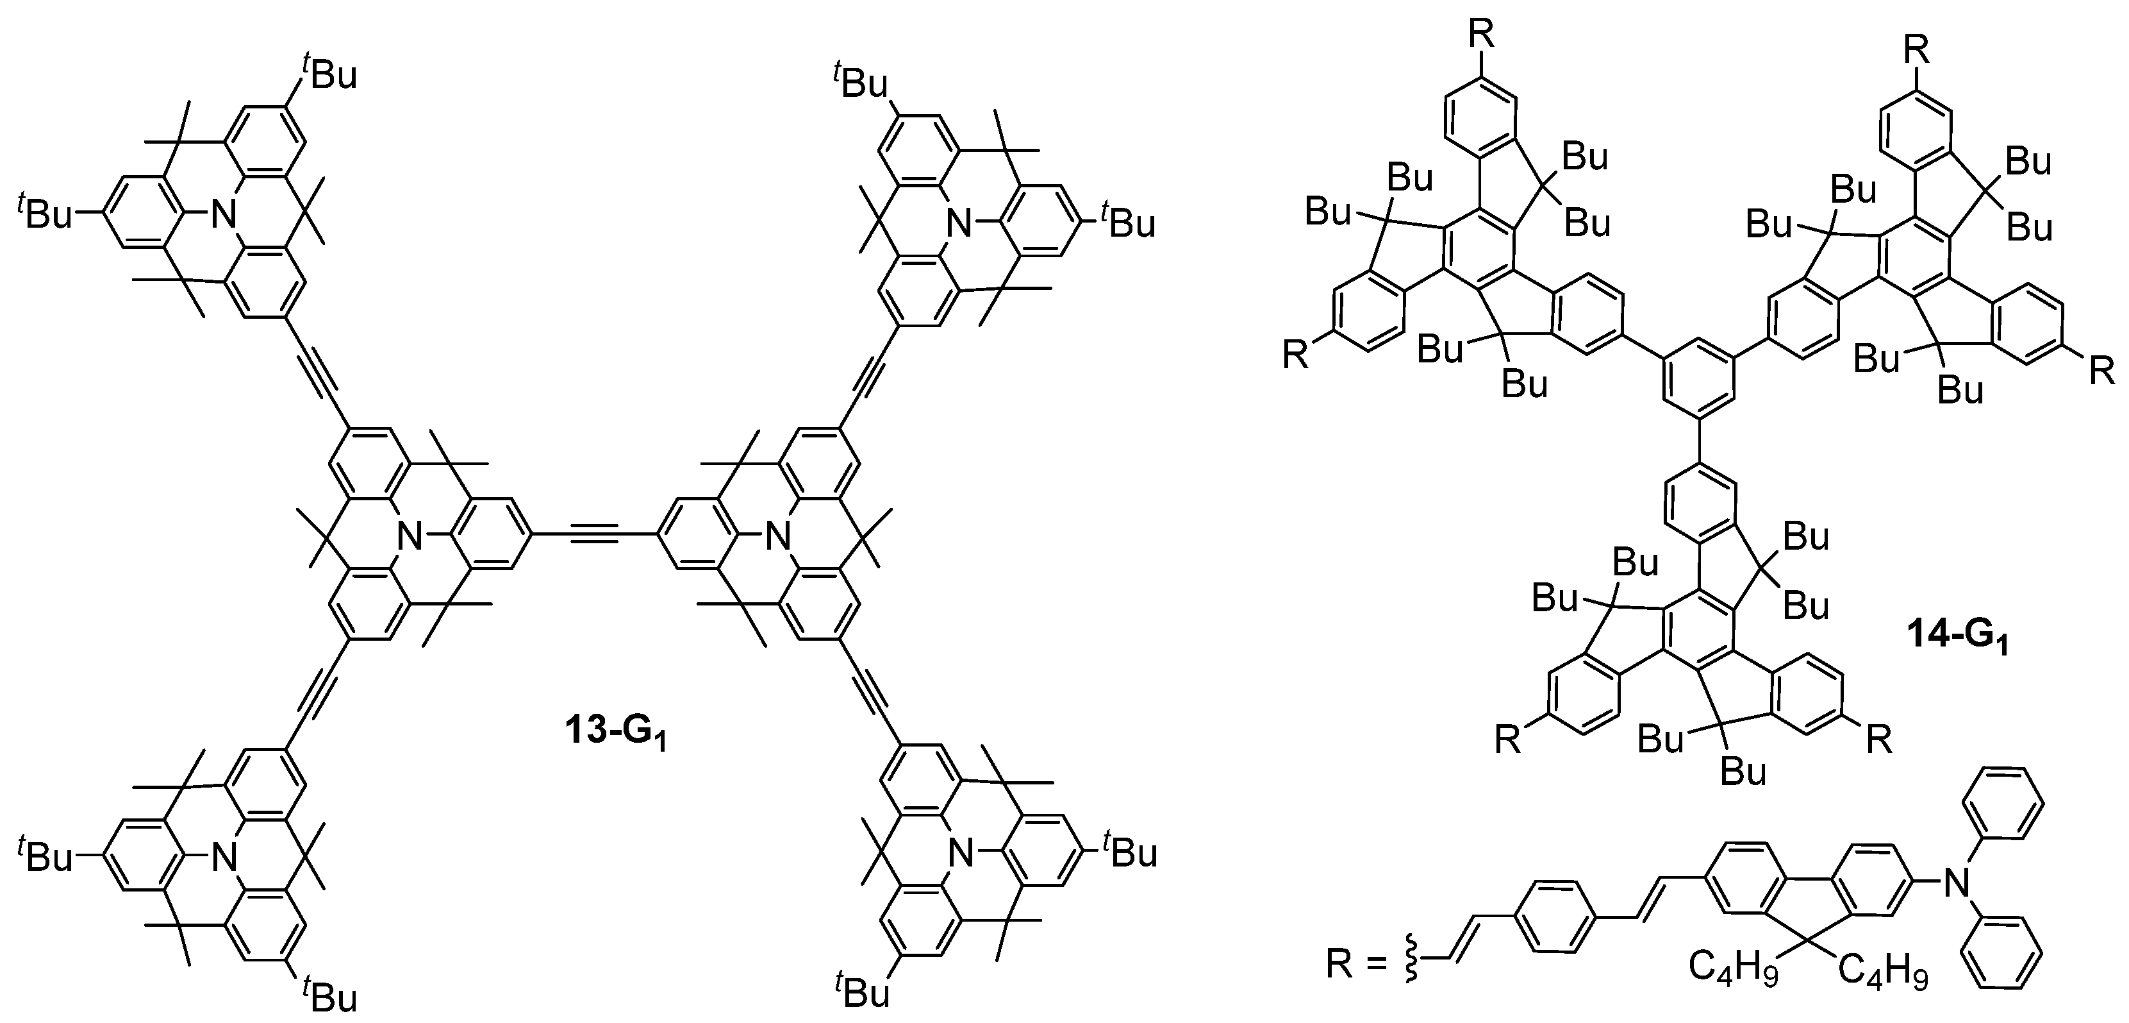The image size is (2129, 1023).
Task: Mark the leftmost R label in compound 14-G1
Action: pyautogui.click(x=1295, y=355)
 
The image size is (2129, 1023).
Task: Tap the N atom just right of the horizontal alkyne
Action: pyautogui.click(x=776, y=538)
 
